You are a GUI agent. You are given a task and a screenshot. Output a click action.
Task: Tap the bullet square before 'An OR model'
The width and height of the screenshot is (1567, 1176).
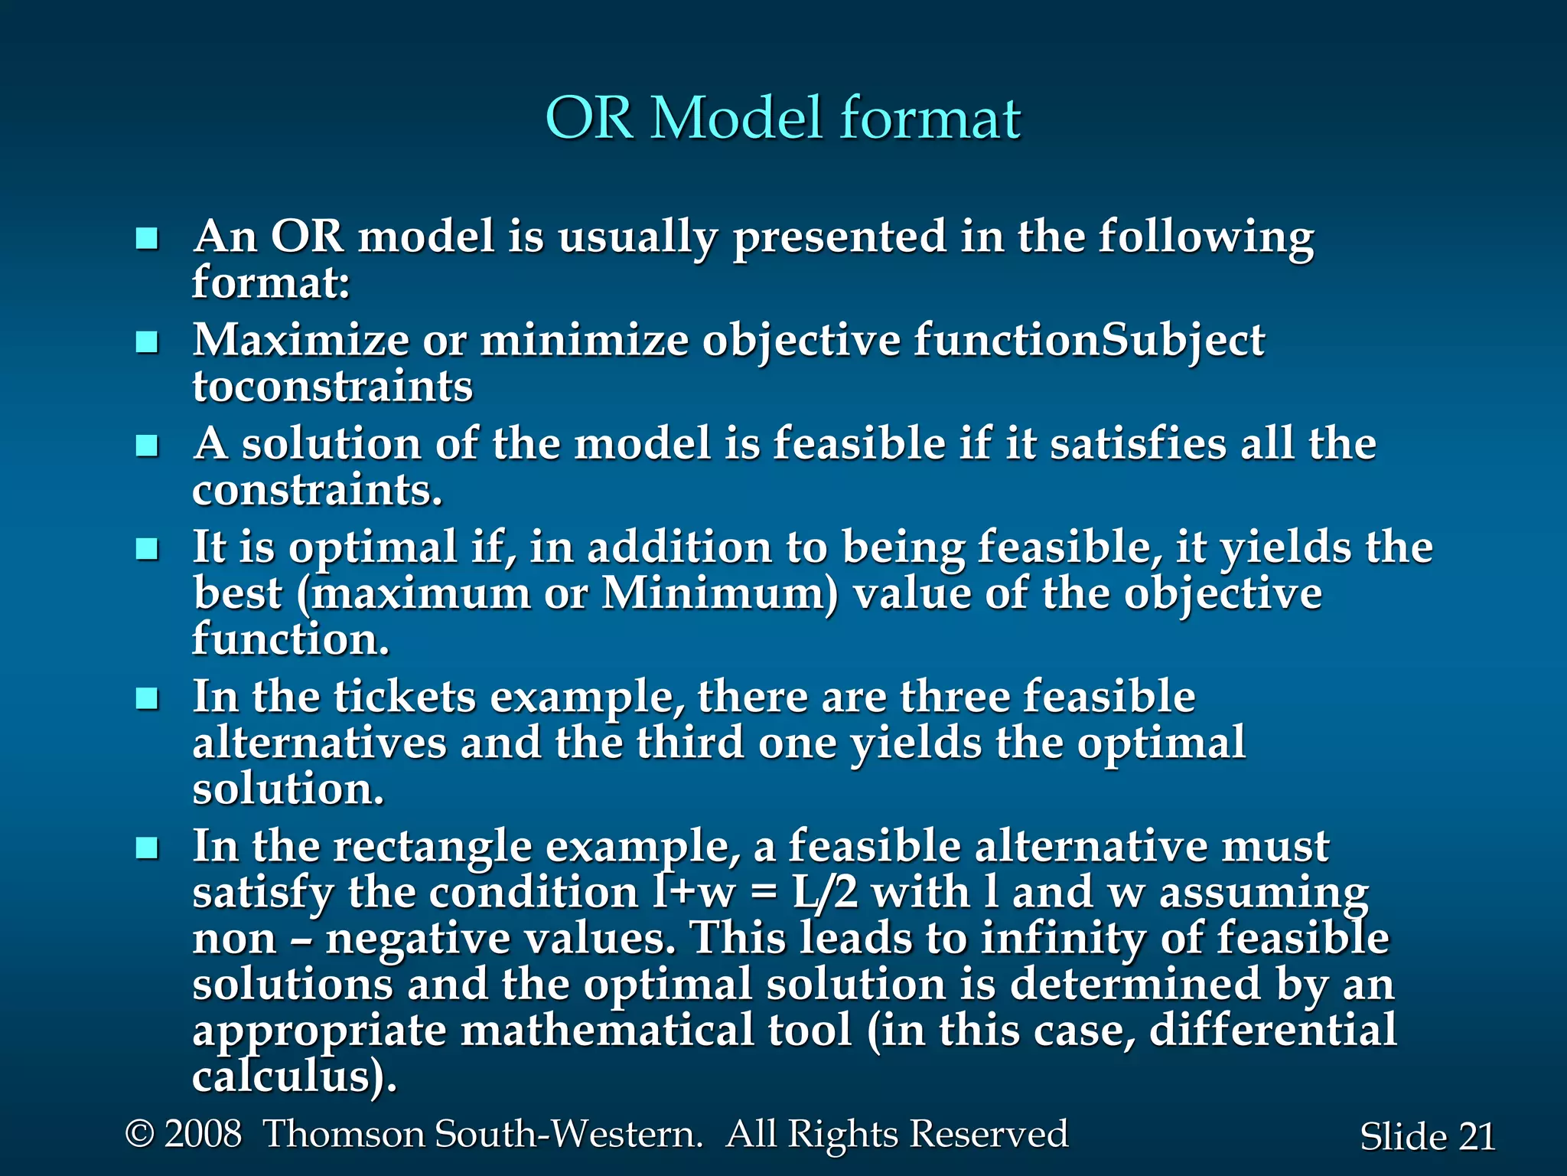146,239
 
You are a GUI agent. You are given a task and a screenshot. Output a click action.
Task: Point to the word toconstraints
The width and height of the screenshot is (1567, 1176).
332,387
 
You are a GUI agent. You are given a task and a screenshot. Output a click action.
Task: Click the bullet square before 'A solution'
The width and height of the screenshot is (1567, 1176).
146,446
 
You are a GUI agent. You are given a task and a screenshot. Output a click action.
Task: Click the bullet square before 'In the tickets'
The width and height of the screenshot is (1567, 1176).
146,698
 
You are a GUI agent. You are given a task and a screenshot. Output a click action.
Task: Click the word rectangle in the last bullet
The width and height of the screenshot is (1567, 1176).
432,847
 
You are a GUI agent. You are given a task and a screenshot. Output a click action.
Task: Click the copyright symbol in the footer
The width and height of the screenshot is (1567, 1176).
139,1134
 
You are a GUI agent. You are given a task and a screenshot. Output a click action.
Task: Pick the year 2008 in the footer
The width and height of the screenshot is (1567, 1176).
203,1134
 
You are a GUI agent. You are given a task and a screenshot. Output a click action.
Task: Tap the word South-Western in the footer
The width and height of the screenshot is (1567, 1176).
568,1134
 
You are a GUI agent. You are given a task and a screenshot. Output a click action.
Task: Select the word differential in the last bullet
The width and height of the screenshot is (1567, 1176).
1272,1031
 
